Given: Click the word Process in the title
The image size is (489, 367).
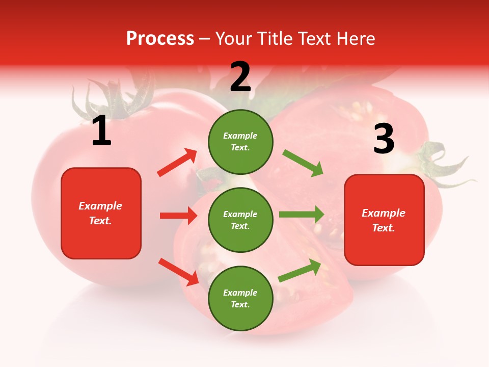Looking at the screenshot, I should click(160, 39).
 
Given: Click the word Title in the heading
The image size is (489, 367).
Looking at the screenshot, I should click(274, 39).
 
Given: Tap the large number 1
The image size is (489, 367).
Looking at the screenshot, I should click(101, 132).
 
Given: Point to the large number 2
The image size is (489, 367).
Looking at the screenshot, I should click(240, 77).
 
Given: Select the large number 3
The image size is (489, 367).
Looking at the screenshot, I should click(384, 139).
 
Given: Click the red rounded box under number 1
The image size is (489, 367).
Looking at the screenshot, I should click(101, 213).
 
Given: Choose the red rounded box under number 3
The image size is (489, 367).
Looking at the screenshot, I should click(384, 220).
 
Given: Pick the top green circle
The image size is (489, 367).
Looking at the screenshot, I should click(240, 142).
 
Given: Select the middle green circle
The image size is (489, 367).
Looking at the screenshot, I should click(240, 220).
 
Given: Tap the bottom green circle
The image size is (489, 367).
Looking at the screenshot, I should click(240, 298).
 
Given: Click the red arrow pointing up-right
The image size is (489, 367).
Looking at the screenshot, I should click(177, 163).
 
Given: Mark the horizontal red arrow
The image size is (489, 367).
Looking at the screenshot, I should click(178, 216).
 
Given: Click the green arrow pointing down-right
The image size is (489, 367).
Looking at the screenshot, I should click(303, 163).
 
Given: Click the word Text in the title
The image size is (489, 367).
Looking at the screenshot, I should click(313, 39).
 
